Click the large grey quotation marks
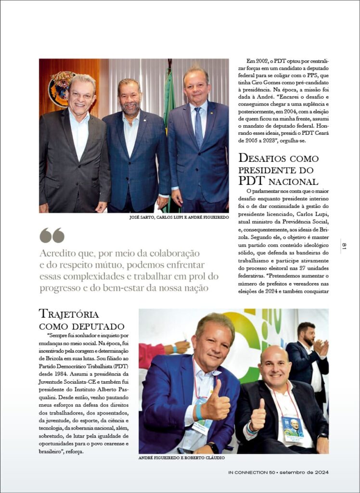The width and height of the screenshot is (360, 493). click(x=52, y=235)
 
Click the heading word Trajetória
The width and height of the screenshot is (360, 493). click(x=69, y=314)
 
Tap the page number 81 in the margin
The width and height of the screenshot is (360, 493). click(x=344, y=246)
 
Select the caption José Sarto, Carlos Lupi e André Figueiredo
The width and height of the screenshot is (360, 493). click(x=179, y=218)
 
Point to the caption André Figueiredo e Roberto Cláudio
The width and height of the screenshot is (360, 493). click(x=181, y=457)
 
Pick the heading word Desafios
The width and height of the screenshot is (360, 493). click(x=264, y=158)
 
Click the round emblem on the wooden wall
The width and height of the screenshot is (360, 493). click(x=62, y=89)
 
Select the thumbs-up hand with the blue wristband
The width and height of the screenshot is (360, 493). click(x=215, y=404)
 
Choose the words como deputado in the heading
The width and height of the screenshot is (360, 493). click(x=81, y=326)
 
